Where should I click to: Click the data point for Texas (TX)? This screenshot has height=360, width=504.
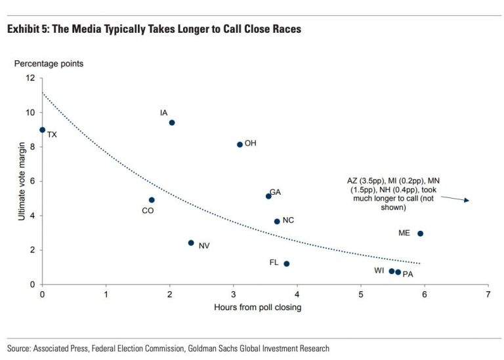point(43,130)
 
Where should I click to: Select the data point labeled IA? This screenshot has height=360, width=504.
point(172,123)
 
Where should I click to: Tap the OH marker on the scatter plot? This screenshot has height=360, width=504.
point(240,144)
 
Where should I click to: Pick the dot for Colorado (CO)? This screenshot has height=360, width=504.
point(152,200)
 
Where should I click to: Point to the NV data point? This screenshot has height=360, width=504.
point(191,243)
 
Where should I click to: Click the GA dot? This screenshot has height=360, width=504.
point(268,196)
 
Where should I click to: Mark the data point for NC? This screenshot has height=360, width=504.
point(277,222)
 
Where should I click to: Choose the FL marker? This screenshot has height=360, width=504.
point(286,264)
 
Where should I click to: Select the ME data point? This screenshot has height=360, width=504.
point(420,233)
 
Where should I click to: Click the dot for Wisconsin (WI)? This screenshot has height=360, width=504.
point(392,271)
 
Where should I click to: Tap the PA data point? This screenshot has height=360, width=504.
point(398,272)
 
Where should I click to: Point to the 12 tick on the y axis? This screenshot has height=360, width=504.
point(30,78)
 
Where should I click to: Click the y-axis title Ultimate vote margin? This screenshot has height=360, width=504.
point(22,182)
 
